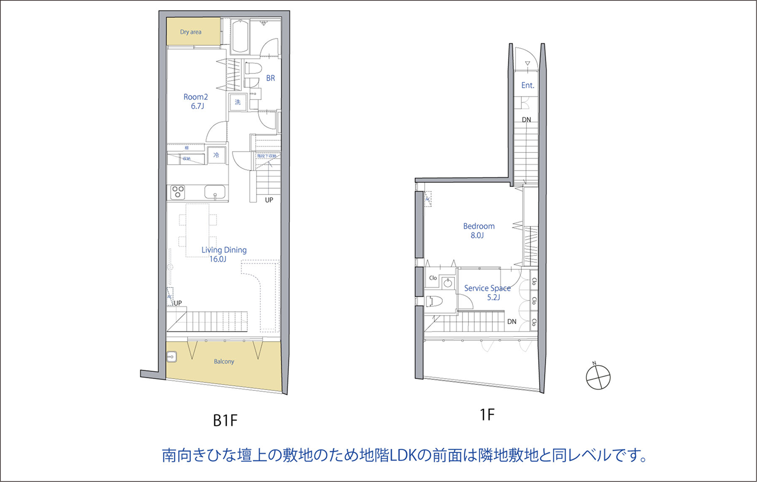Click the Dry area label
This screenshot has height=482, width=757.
[191, 32]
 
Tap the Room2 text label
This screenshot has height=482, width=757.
[195, 97]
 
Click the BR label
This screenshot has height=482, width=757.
[270, 78]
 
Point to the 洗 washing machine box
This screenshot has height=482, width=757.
[238, 101]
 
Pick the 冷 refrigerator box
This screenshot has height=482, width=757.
[216, 155]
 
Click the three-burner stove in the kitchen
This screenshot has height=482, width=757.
[178, 192]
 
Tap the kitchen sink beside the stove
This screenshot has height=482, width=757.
[215, 192]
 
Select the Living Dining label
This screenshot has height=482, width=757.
[224, 250]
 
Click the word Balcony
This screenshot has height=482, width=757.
[224, 361]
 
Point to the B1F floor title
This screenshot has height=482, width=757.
[225, 421]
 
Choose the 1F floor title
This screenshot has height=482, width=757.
[487, 414]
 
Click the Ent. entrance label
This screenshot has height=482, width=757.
[527, 85]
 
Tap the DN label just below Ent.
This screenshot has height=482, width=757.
[526, 120]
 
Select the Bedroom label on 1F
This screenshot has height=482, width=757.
[479, 226]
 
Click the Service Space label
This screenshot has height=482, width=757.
[487, 288]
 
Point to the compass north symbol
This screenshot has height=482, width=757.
[598, 377]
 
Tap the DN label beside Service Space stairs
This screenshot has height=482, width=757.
[512, 322]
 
